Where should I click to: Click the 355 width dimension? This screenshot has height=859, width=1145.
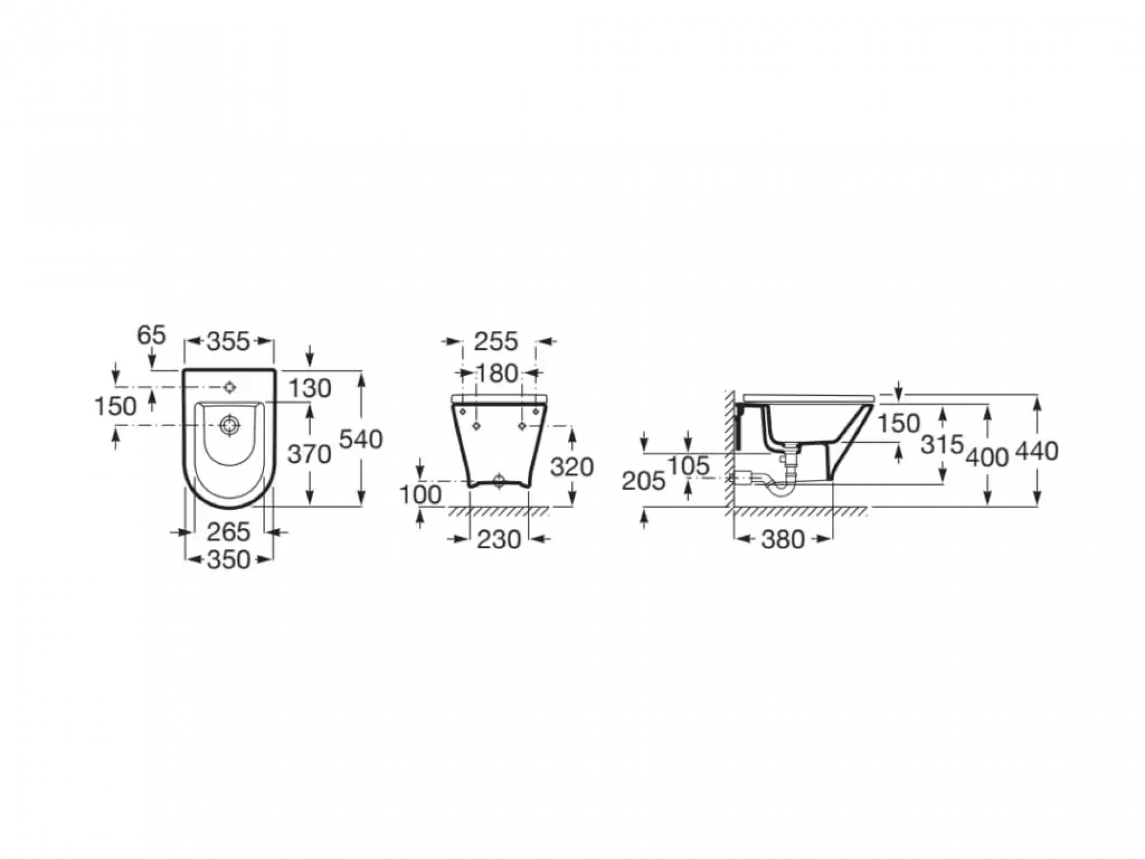tap(228, 342)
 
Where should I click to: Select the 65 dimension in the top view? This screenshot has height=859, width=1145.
tap(151, 335)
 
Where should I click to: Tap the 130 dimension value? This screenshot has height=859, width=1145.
tap(310, 389)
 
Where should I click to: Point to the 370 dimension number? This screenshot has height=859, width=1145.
tap(309, 455)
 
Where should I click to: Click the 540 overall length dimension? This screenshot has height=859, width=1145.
tap(361, 440)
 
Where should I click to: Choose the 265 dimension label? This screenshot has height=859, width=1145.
tap(228, 533)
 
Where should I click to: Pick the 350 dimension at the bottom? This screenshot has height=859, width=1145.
tap(228, 560)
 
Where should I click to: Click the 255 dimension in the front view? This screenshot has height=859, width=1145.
tap(496, 342)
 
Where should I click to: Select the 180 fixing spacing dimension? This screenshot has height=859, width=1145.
tap(497, 374)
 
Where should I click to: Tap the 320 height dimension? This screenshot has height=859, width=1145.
tap(572, 468)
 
